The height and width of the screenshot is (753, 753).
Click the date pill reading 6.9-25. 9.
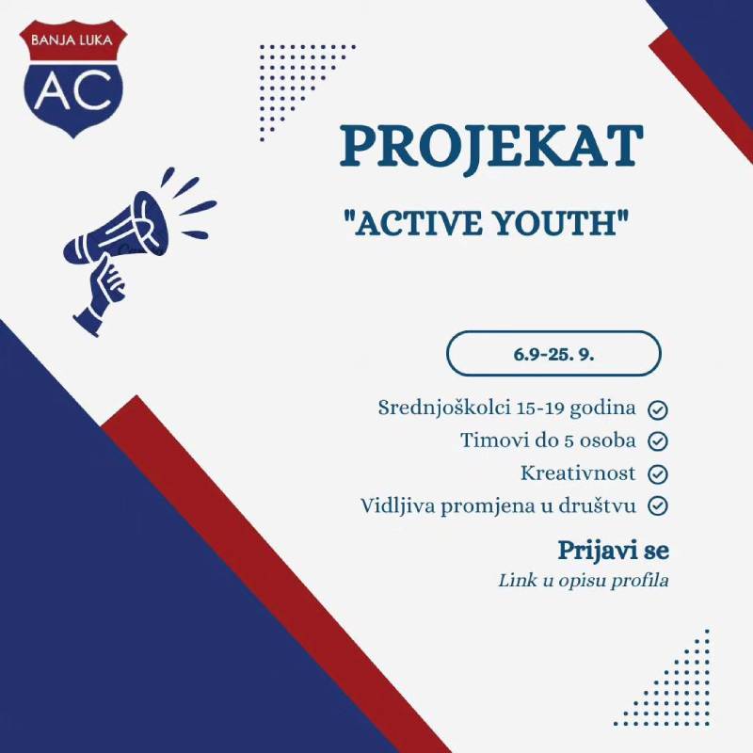(553, 354)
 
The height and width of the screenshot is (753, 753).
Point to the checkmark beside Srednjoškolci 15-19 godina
(659, 409)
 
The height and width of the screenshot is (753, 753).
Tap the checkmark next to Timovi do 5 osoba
(659, 441)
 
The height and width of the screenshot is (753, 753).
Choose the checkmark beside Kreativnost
(659, 473)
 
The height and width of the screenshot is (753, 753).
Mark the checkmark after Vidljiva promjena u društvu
(659, 505)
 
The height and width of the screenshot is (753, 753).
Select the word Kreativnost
(578, 473)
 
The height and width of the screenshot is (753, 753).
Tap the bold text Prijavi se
(613, 550)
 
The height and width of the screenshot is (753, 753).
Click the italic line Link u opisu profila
(584, 580)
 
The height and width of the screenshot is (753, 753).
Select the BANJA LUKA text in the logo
(72, 41)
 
